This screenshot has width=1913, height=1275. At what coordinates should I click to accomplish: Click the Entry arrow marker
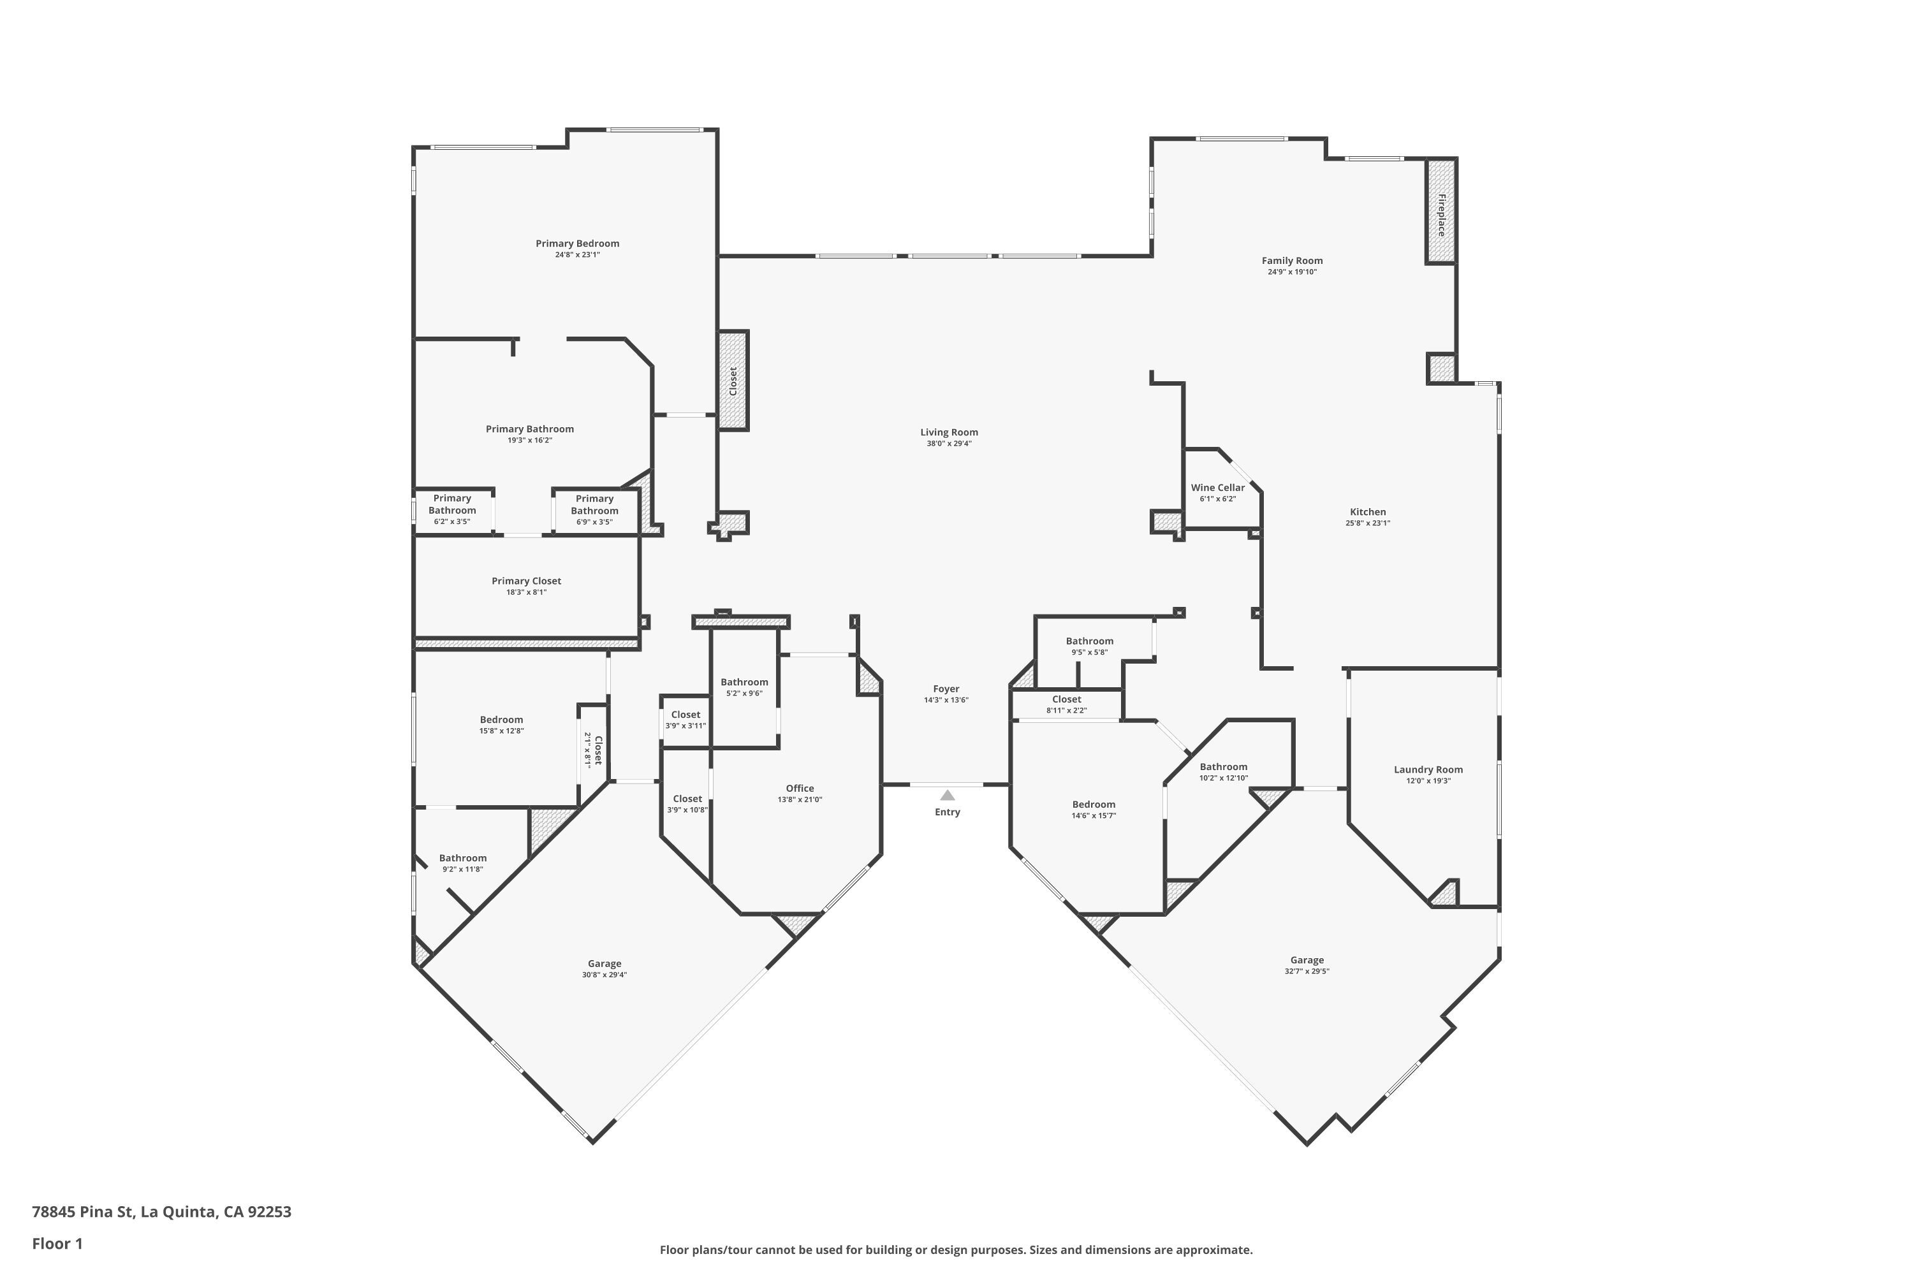[948, 795]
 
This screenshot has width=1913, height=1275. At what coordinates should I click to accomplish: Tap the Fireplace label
[1441, 215]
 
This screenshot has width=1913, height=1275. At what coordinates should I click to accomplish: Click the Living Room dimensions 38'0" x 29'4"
[949, 444]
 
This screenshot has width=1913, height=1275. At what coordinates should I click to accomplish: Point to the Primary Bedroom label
[578, 243]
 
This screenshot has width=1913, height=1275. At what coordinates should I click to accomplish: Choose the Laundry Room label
[1428, 769]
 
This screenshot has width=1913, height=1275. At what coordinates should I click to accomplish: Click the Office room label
[800, 788]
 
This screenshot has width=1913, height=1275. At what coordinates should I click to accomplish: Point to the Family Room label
[1293, 260]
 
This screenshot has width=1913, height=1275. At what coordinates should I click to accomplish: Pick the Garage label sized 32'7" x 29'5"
[1307, 959]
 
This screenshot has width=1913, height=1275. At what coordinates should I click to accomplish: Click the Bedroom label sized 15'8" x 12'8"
[501, 720]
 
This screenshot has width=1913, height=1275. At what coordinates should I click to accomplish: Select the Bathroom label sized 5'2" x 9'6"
[744, 682]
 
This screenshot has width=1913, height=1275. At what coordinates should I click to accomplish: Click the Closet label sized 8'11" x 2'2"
[1066, 699]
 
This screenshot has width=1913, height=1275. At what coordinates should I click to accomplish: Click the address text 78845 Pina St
[82, 1212]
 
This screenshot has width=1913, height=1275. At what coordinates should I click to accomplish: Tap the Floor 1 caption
[58, 1243]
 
